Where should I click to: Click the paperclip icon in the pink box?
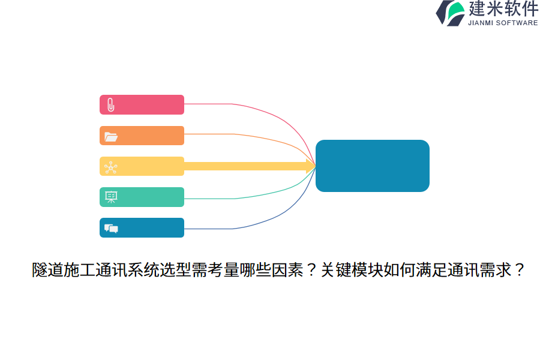point(110,105)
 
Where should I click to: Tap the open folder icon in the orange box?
point(110,136)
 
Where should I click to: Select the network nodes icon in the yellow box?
point(110,167)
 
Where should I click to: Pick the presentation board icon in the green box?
point(111,197)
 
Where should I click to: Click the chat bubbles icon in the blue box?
point(111,228)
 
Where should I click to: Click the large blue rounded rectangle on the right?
point(372,166)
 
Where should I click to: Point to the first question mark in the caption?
point(311,271)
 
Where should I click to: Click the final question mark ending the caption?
point(518,271)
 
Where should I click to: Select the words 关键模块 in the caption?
point(351,271)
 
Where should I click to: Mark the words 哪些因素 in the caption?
point(271,271)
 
